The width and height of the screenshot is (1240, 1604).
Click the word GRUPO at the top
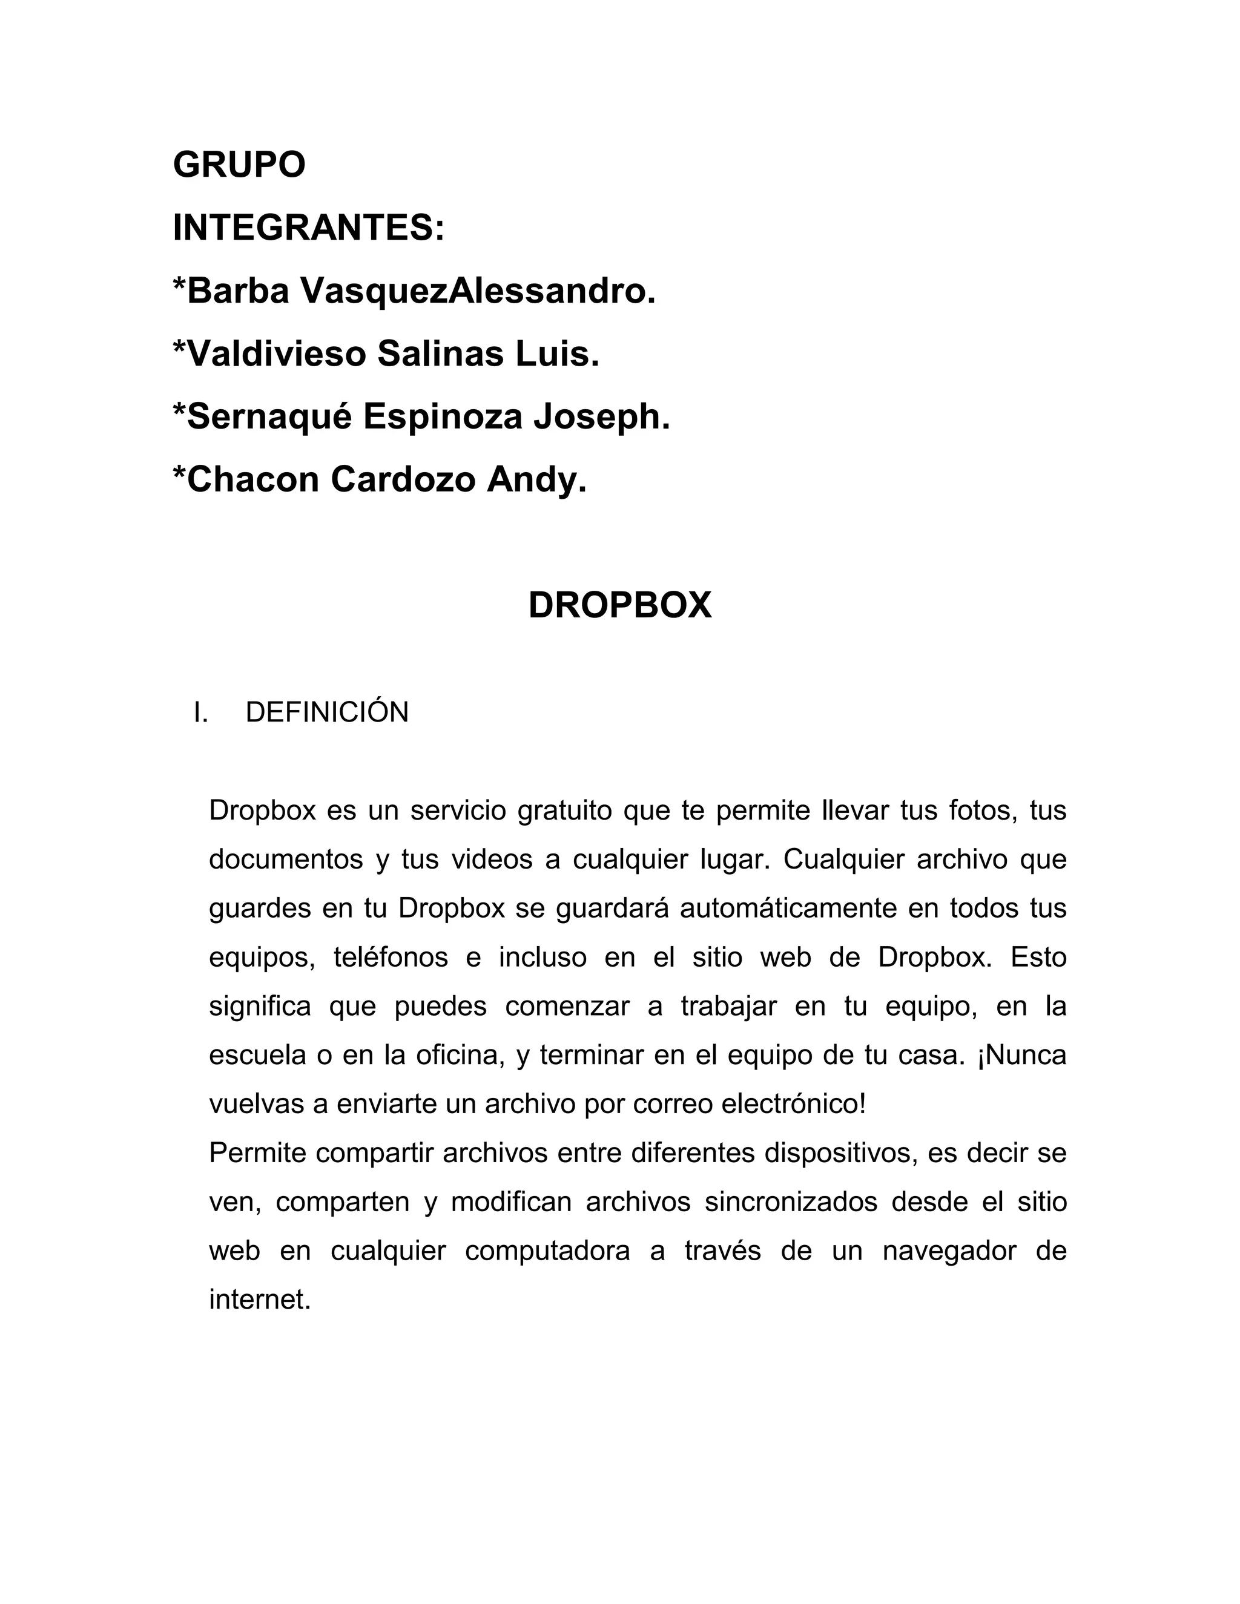point(239,165)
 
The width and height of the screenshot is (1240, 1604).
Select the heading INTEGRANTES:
point(309,228)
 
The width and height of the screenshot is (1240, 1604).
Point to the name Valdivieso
point(276,354)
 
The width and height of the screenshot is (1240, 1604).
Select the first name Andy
point(536,481)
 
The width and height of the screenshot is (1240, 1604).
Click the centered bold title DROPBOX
point(620,605)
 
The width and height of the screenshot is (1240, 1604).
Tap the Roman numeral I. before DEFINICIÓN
point(200,712)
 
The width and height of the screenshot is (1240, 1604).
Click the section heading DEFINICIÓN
point(327,712)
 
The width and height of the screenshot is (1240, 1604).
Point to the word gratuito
point(564,812)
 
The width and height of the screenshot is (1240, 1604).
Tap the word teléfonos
point(391,958)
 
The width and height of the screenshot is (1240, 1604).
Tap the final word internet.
point(260,1300)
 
